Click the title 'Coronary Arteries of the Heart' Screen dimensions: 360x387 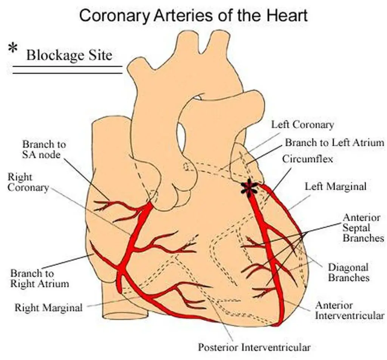click(x=193, y=16)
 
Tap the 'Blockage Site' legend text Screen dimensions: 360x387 click(x=69, y=55)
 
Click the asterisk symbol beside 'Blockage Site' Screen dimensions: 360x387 click(x=13, y=49)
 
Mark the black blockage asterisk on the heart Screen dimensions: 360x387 click(x=249, y=188)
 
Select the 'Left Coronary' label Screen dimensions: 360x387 click(x=302, y=125)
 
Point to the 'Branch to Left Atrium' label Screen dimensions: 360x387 click(x=334, y=142)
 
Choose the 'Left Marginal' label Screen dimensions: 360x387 click(x=336, y=186)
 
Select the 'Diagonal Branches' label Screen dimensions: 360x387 click(x=348, y=272)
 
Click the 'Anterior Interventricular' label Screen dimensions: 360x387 click(x=349, y=310)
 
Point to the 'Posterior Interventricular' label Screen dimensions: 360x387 click(x=255, y=347)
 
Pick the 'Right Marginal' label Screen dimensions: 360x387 click(x=48, y=307)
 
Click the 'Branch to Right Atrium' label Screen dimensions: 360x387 click(x=40, y=278)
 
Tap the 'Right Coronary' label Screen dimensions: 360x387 click(x=28, y=182)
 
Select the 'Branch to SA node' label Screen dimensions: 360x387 click(x=44, y=149)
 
